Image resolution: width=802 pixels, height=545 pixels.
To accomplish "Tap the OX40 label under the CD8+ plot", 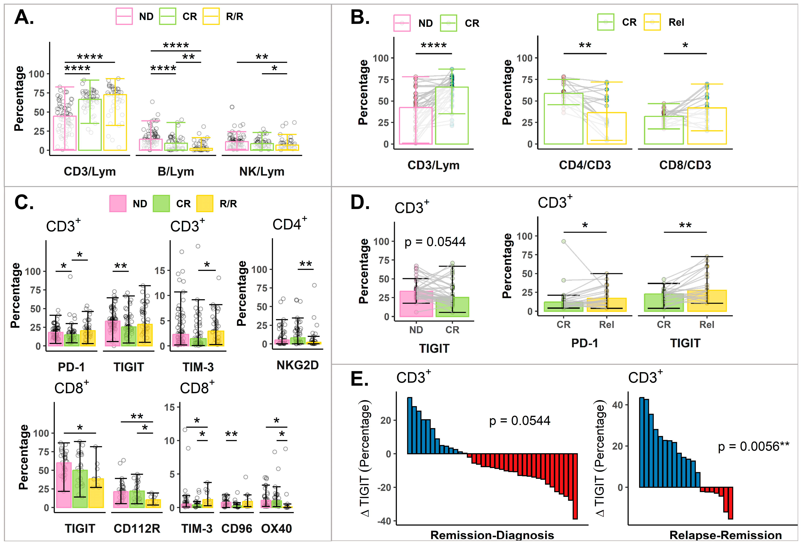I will [x=276, y=528].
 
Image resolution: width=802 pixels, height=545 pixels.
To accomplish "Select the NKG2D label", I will [x=298, y=365].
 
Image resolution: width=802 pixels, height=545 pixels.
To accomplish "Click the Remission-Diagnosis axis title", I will [x=492, y=535].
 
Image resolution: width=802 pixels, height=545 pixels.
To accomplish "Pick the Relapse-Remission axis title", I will [x=725, y=535].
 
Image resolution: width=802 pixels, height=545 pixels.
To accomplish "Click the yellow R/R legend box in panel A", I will [x=211, y=17].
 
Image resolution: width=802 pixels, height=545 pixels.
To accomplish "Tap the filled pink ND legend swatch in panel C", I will [x=118, y=203].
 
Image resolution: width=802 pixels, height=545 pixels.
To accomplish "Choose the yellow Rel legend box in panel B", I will [x=652, y=22].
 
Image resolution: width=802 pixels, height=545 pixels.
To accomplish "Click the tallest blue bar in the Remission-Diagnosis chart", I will [x=410, y=426].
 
